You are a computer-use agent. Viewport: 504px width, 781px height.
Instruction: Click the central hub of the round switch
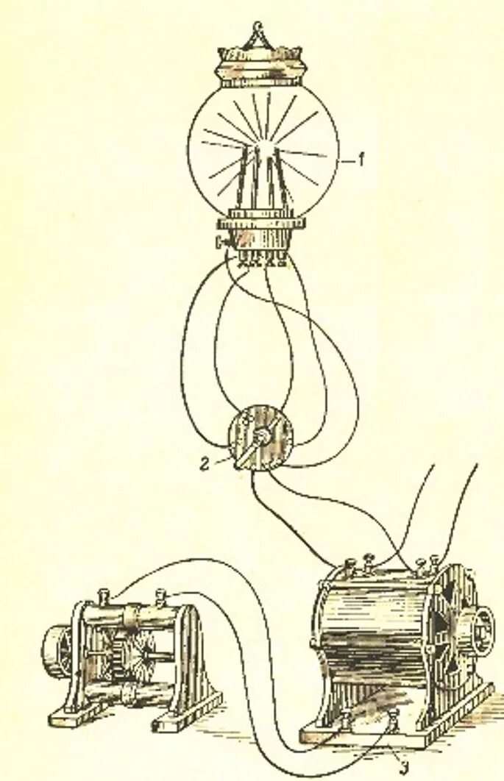pos(261,439)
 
